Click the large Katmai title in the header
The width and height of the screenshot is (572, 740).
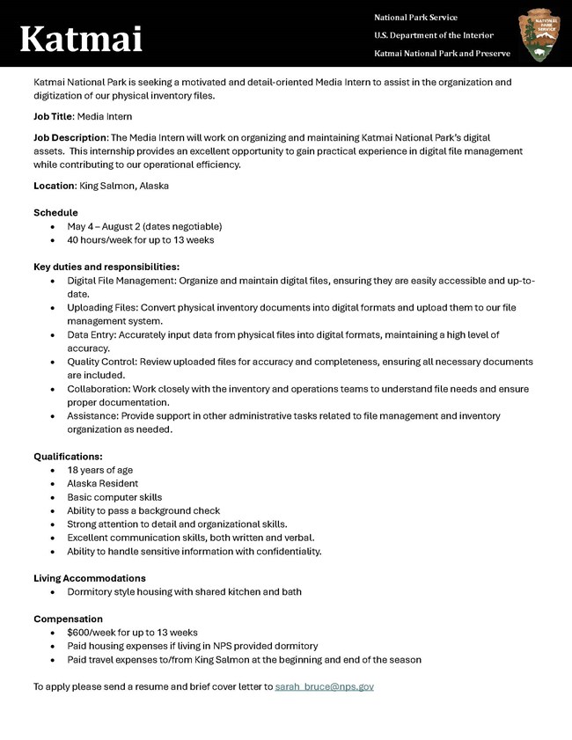pos(81,38)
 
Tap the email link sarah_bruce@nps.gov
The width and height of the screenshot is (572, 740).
pos(324,685)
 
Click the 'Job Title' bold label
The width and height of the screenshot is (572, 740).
pos(53,116)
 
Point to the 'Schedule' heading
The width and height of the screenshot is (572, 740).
pos(55,213)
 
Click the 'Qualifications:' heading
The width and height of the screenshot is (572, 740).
pos(68,457)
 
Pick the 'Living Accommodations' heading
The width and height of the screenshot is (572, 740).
pos(90,578)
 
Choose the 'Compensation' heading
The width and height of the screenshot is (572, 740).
pos(68,619)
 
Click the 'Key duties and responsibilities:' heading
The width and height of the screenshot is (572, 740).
pos(106,267)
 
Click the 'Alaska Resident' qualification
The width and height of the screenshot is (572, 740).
pos(102,483)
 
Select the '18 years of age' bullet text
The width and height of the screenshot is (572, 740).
pos(99,470)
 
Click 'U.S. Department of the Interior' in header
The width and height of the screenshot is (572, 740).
pos(433,35)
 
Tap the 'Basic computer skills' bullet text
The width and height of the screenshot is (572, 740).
pos(114,497)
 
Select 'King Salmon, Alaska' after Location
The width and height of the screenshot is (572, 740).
pos(124,186)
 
